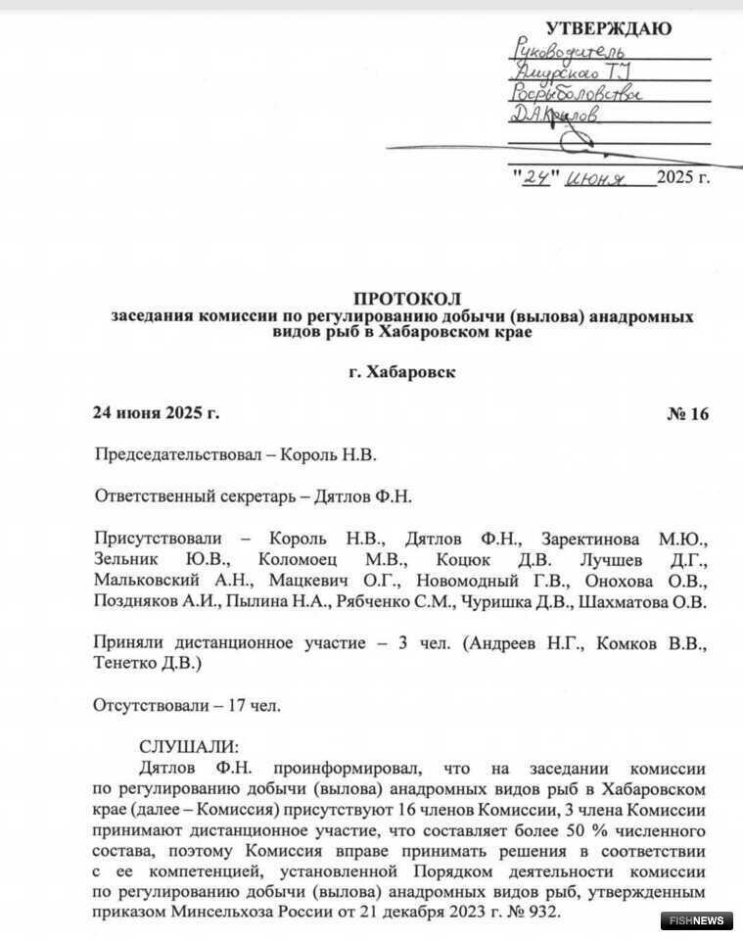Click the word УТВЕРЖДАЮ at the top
click(x=608, y=28)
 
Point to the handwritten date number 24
click(x=534, y=177)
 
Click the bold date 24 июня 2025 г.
click(x=156, y=413)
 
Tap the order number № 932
click(x=534, y=912)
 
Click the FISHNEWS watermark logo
click(x=697, y=920)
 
